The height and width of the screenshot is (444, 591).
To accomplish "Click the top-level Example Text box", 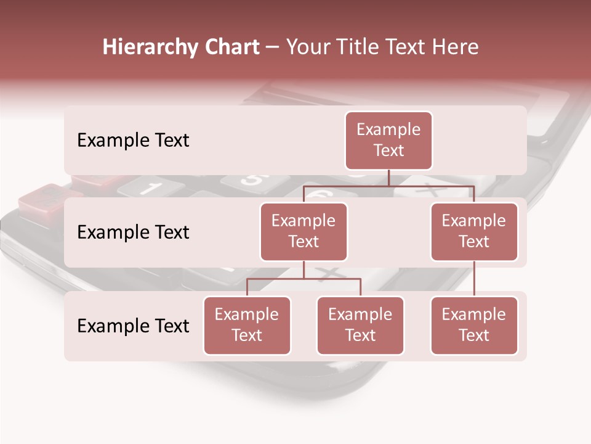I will click(388, 141).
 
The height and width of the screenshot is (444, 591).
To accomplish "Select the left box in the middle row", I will click(304, 232).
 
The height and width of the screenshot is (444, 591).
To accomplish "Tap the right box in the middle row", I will click(474, 232).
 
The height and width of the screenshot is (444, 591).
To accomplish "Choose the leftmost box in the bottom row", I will click(247, 326).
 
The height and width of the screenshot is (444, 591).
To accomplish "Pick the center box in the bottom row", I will click(360, 326).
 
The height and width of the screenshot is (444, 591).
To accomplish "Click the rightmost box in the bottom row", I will click(474, 326).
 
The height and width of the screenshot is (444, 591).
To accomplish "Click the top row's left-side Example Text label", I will click(133, 141).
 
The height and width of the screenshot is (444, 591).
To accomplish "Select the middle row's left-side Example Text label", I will click(133, 232).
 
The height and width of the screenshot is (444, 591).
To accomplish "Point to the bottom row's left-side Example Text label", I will click(133, 326).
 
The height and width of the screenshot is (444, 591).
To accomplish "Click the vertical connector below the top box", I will click(388, 178).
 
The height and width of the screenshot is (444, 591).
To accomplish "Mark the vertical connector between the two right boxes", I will click(474, 279).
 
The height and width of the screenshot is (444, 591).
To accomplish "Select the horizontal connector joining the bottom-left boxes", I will click(304, 279).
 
